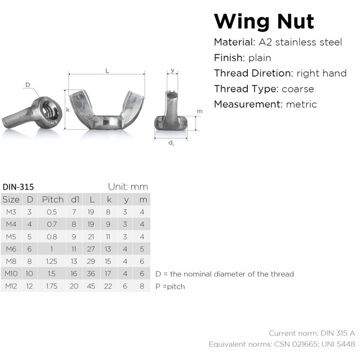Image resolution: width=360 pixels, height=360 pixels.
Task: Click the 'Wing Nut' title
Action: [x=264, y=21]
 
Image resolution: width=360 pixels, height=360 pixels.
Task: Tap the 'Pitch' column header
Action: [x=53, y=199]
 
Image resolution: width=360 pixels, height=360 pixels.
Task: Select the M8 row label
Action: [x=11, y=262]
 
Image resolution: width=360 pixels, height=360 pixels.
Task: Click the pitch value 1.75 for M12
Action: [x=53, y=287]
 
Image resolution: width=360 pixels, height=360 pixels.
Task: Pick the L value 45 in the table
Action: [x=92, y=287]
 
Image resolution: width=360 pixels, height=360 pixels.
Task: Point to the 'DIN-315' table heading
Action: [x=19, y=187]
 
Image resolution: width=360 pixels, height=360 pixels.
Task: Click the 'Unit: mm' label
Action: [x=127, y=187]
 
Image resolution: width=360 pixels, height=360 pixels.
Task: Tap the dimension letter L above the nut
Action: [x=107, y=71]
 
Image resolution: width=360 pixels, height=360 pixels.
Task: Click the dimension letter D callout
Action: [x=28, y=85]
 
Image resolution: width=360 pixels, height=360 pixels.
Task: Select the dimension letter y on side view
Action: [x=173, y=70]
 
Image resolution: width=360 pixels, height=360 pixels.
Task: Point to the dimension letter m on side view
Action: [x=200, y=112]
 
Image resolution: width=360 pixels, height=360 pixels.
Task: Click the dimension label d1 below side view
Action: [x=171, y=143]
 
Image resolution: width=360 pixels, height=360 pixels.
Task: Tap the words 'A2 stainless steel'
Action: [x=300, y=42]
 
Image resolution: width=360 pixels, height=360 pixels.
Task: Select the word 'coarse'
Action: [x=296, y=89]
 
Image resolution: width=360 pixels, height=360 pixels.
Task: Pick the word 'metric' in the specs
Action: [x=302, y=104]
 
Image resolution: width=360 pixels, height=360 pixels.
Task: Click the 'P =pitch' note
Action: [x=170, y=287]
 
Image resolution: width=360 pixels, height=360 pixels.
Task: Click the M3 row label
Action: [x=11, y=212]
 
